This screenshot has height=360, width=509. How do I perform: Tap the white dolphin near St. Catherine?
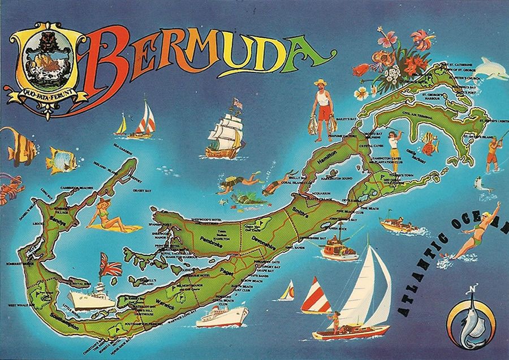[x=483, y=68]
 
